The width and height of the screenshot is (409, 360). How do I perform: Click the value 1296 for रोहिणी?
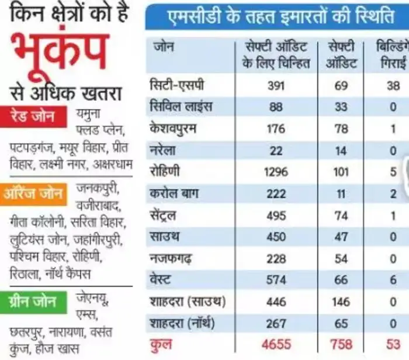pyautogui.click(x=276, y=172)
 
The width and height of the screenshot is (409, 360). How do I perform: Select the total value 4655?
pyautogui.click(x=276, y=344)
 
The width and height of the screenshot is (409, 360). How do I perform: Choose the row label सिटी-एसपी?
pyautogui.click(x=177, y=85)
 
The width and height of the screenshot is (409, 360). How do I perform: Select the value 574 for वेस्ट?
pyautogui.click(x=276, y=281)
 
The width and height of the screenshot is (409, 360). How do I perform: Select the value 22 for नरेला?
pyautogui.click(x=276, y=151)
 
